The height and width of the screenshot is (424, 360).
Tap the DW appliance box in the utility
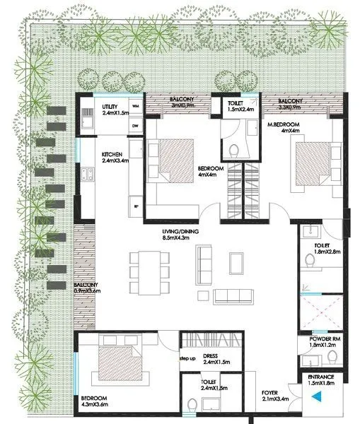tap(135, 126)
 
